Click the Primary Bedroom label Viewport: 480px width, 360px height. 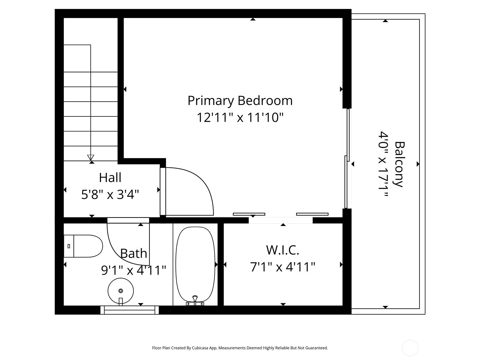click(240, 101)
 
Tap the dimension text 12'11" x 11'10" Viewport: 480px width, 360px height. click(240, 118)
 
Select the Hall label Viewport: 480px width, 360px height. click(110, 178)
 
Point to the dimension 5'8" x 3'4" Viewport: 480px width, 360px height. click(110, 195)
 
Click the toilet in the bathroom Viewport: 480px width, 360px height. click(83, 246)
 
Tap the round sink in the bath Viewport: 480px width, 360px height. click(121, 291)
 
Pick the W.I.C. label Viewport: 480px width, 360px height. click(283, 250)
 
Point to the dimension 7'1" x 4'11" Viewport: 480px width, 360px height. click(283, 267)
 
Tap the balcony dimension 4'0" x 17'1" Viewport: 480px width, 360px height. click(383, 164)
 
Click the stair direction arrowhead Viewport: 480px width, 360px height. click(91, 157)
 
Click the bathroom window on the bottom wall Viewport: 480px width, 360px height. click(130, 310)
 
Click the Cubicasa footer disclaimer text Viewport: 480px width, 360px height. click(240, 348)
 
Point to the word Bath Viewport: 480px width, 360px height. click(133, 254)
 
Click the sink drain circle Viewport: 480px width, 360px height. click(121, 291)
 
